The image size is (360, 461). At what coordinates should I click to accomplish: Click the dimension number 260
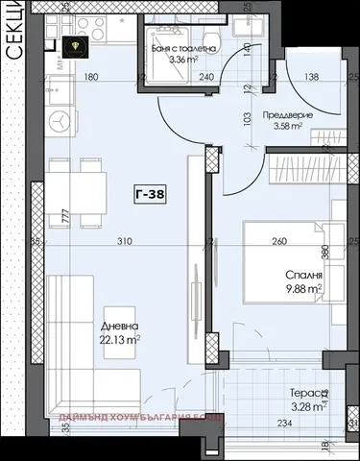coord(278,242)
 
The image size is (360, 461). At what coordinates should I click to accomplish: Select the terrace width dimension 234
coord(285,424)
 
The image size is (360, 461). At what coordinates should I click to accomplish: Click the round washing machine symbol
coord(60,122)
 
